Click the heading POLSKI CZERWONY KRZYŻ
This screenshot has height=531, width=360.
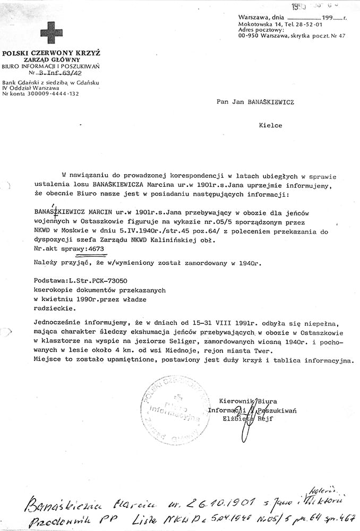(x=51, y=53)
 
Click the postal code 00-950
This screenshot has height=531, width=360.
(x=249, y=36)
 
